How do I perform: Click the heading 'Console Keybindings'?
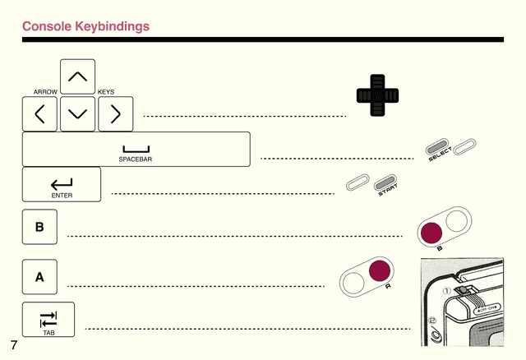pos(85,26)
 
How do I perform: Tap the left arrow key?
pos(39,114)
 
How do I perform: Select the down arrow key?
pos(77,114)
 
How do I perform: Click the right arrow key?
pos(115,114)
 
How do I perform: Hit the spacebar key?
pos(136,150)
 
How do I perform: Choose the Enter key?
pos(62,185)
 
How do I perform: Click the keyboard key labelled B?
pos(39,227)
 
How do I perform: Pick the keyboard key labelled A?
pos(39,277)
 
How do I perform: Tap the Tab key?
pos(48,319)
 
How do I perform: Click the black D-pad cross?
pos(377,96)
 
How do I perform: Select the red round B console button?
pos(431,233)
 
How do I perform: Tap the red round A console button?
pos(379,272)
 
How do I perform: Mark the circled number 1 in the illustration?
pos(447,289)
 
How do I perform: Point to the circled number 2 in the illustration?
pos(431,321)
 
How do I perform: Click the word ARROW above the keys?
pos(44,92)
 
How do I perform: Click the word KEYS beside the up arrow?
pos(106,92)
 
